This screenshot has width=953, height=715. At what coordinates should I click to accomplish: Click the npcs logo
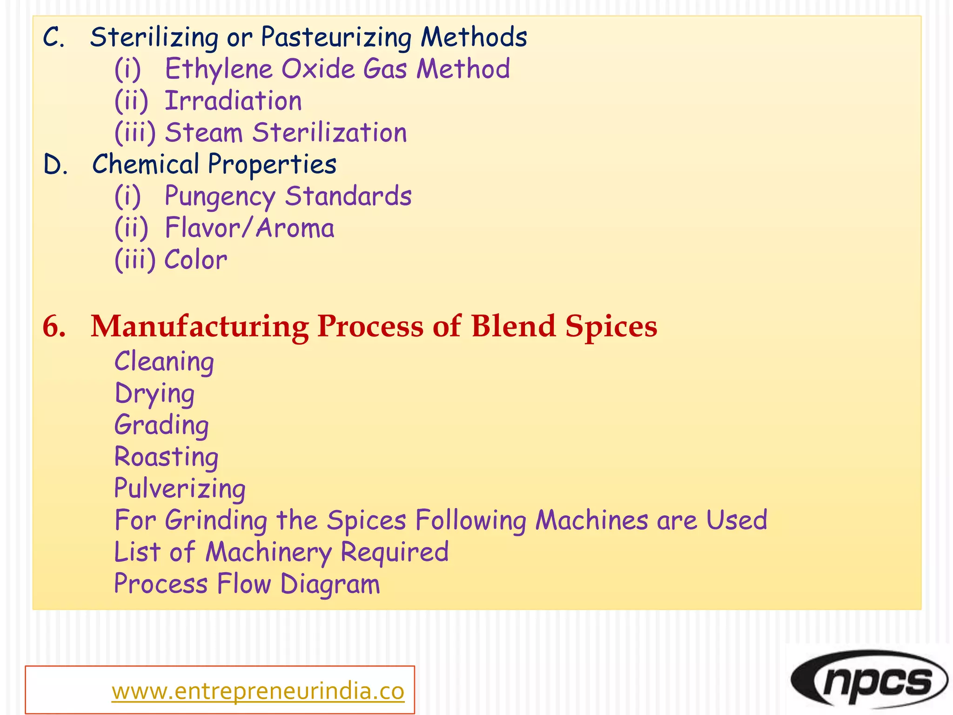[869, 679]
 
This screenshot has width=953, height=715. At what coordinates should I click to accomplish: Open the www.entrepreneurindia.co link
[258, 691]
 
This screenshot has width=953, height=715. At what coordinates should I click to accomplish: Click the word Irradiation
[234, 101]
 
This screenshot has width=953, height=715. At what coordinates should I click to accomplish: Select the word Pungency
[220, 196]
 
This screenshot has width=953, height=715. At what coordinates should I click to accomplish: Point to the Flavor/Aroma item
[249, 228]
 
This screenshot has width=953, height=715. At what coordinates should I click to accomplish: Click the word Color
[196, 260]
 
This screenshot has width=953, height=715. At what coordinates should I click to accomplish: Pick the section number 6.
[54, 326]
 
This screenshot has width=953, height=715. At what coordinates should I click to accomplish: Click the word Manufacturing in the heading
[200, 326]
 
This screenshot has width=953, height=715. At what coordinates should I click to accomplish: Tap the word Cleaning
[164, 362]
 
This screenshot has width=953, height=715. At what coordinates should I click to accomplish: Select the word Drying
[154, 394]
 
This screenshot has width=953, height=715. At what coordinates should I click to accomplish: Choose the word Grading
[161, 425]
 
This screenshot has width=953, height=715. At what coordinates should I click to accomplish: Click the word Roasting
[167, 457]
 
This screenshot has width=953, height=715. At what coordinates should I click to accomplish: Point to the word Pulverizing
[180, 489]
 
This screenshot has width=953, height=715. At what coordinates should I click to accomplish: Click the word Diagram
[330, 584]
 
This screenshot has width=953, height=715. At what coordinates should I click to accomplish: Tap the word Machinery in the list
[268, 553]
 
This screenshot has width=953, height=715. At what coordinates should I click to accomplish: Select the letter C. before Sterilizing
[54, 38]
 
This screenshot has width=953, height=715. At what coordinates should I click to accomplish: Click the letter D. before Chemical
[55, 165]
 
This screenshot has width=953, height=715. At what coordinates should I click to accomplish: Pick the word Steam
[204, 133]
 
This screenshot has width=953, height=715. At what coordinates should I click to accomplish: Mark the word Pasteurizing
[336, 38]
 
